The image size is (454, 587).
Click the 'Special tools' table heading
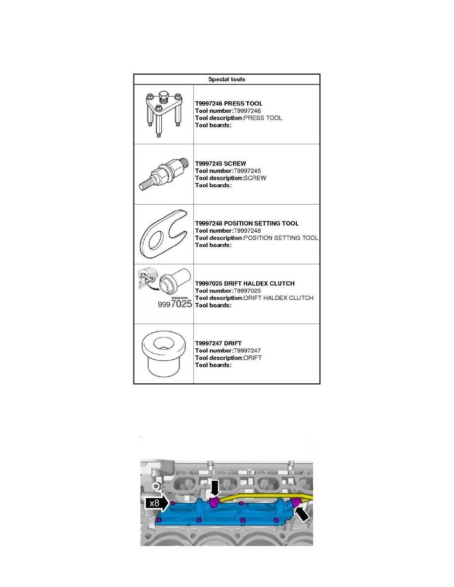pyautogui.click(x=227, y=79)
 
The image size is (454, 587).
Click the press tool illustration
pyautogui.click(x=163, y=114)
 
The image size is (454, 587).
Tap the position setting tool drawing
pyautogui.click(x=163, y=234)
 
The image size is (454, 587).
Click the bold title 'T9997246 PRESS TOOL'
pyautogui.click(x=228, y=104)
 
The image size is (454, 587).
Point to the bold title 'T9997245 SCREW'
pyautogui.click(x=221, y=163)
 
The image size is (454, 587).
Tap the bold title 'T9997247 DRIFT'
pyautogui.click(x=218, y=343)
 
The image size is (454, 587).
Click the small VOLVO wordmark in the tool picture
pyautogui.click(x=180, y=298)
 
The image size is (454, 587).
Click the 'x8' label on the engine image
pyautogui.click(x=154, y=503)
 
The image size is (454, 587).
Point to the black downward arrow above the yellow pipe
pyautogui.click(x=215, y=488)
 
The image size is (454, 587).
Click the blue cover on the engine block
pyautogui.click(x=223, y=514)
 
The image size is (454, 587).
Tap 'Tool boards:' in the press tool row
pyautogui.click(x=213, y=126)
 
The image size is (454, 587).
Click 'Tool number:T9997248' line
pyautogui.click(x=228, y=231)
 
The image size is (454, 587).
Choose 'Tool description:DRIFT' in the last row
pyautogui.click(x=228, y=358)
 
